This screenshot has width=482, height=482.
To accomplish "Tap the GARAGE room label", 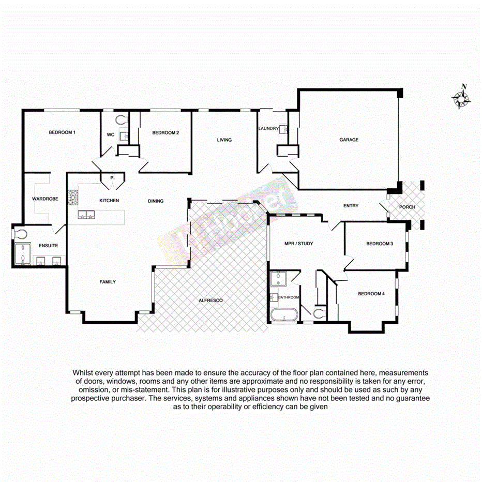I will click(x=349, y=140).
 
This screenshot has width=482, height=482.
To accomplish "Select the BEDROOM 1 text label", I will click(x=62, y=132).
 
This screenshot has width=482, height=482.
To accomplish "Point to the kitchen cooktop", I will click(x=72, y=197).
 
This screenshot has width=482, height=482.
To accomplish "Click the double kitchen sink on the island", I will click(x=85, y=215).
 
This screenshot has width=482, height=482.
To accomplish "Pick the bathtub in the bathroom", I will click(x=283, y=315).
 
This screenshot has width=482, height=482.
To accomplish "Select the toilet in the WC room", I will click(x=122, y=119).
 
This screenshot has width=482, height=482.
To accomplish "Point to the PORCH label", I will click(x=407, y=207).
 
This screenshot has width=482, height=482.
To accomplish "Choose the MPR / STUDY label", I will click(x=298, y=244).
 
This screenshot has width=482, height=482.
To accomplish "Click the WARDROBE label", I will click(x=44, y=199).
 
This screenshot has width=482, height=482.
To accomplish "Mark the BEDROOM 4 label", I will click(x=371, y=294).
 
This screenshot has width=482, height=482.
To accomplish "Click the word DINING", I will click(x=156, y=201).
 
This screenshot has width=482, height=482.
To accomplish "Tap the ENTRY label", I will click(x=351, y=206).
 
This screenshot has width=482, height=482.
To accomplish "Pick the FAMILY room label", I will click(x=108, y=282).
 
